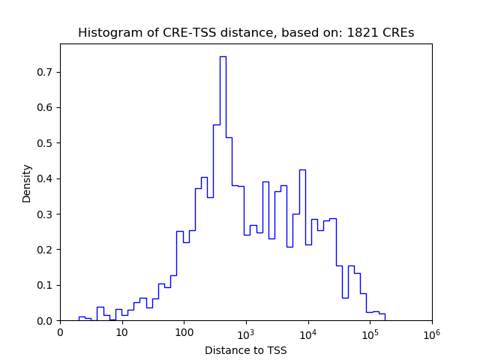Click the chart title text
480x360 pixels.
pos(245,33)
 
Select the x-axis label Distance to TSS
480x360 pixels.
pos(245,349)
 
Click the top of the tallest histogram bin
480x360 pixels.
pos(223,56)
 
